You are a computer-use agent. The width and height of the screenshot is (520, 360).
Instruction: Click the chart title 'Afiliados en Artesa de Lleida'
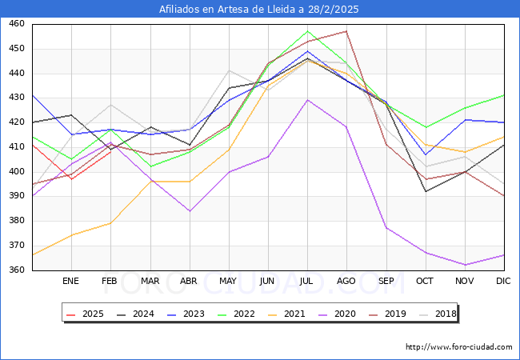[x=259, y=9]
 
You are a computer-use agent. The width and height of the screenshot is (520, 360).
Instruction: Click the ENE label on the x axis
[x=70, y=281]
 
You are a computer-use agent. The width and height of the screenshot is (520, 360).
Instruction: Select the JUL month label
[x=307, y=281]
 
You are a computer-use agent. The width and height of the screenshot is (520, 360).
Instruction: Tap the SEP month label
[x=386, y=281]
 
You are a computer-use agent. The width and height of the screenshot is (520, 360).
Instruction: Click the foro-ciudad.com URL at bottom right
[x=458, y=347]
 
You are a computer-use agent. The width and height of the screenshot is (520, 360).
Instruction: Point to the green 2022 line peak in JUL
[x=307, y=31]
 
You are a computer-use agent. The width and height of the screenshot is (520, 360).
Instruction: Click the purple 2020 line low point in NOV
[x=465, y=265]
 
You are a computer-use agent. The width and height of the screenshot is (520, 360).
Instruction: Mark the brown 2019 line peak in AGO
[x=346, y=31]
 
